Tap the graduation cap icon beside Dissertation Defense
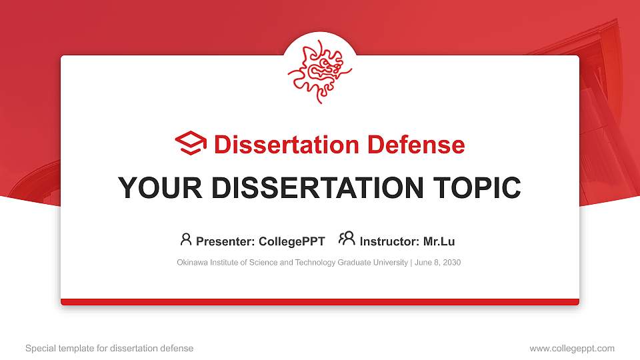(x=191, y=144)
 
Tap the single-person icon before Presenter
(x=186, y=239)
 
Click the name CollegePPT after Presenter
(x=291, y=241)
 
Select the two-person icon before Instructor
(x=347, y=239)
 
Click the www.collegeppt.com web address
(x=572, y=348)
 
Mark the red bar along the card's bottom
(x=320, y=302)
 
